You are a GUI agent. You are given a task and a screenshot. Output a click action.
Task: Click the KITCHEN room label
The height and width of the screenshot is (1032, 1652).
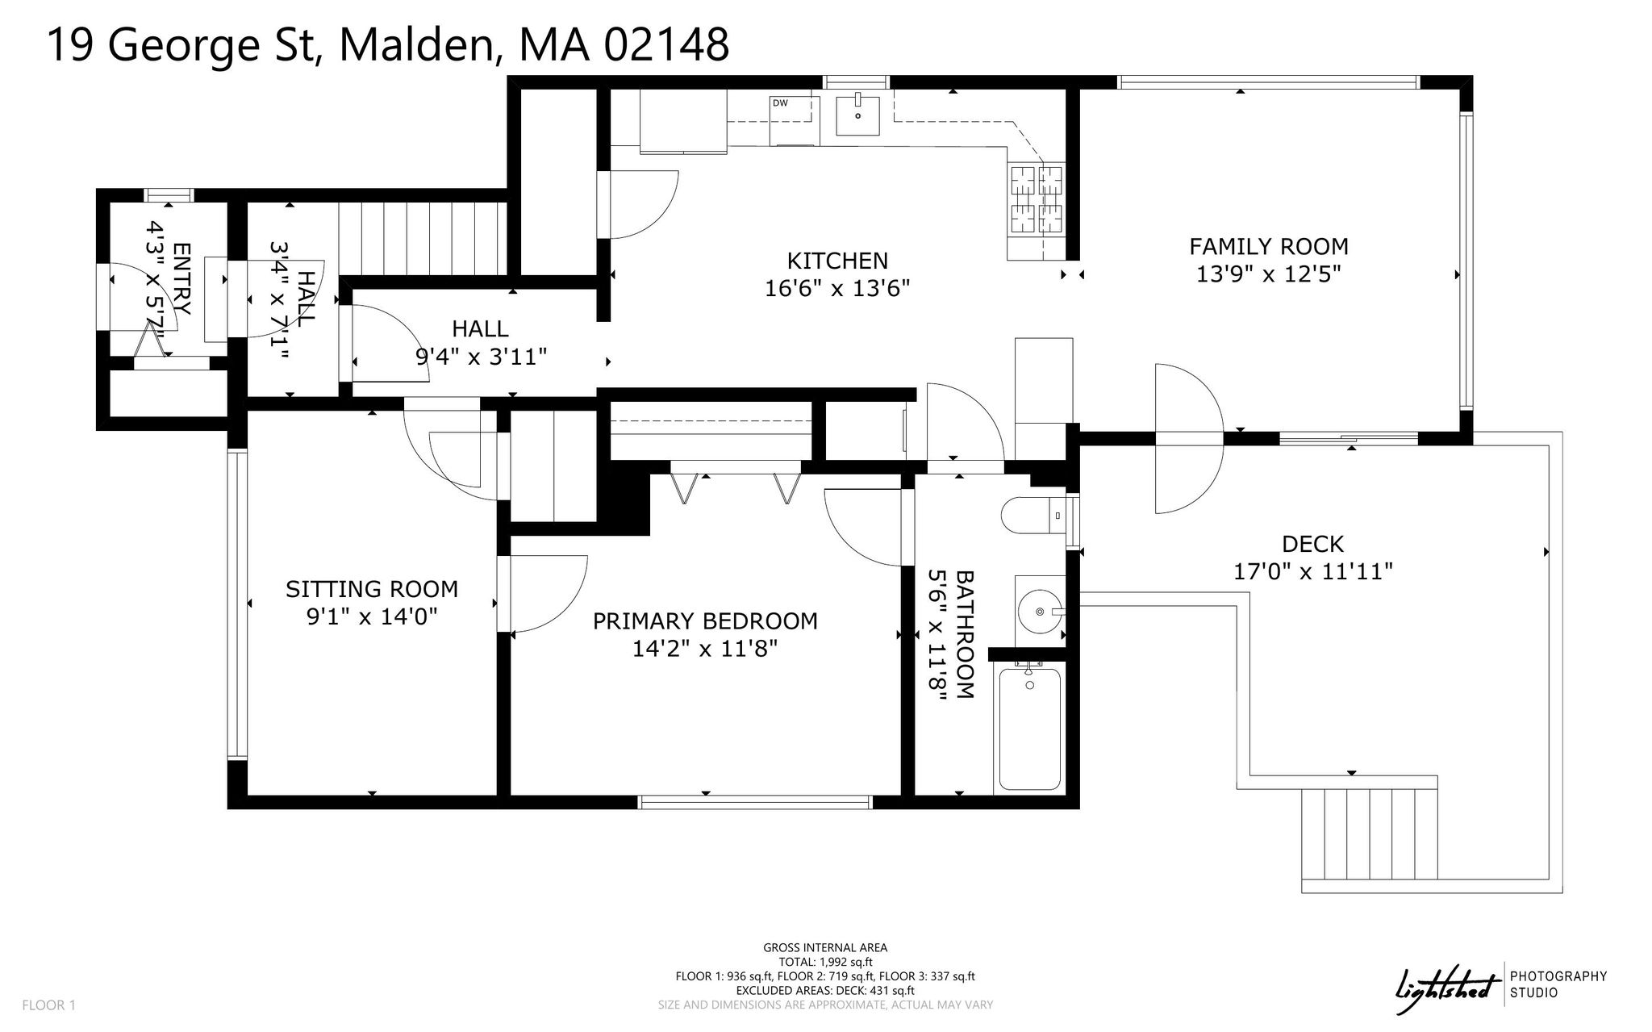837,261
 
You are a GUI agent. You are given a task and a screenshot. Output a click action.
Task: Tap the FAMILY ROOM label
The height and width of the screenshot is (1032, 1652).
1269,246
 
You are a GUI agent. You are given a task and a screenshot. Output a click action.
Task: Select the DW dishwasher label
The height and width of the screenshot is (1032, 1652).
780,103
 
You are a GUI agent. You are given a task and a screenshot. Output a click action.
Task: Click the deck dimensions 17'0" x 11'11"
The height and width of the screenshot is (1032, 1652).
1313,571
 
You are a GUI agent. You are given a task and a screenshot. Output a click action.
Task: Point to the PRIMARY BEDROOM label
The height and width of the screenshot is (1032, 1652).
705,621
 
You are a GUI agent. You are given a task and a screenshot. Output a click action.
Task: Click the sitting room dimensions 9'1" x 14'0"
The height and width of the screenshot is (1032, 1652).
372,616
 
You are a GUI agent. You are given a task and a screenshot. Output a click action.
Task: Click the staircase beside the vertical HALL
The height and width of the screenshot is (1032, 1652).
423,239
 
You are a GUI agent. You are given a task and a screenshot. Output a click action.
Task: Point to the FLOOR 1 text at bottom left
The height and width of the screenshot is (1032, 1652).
48,1005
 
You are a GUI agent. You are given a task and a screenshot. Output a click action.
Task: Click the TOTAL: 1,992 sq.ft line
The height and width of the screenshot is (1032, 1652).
825,962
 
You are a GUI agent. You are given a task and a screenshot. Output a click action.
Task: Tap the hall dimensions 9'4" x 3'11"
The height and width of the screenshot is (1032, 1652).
482,356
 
